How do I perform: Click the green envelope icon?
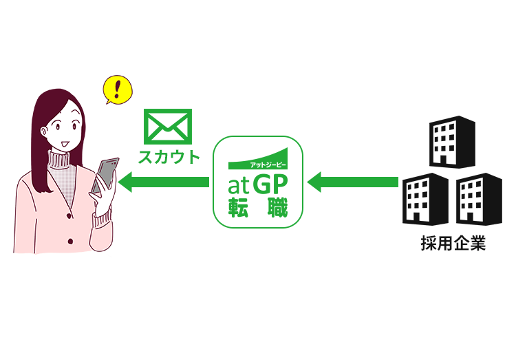click(x=168, y=127)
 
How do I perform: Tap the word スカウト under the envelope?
click(x=169, y=157)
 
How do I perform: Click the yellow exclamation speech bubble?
click(x=118, y=89)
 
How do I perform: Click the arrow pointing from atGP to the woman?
click(x=164, y=182)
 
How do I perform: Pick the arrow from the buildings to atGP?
click(x=352, y=182)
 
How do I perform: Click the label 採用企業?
click(x=453, y=244)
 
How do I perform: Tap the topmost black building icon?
click(x=452, y=142)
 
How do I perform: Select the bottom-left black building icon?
click(x=425, y=199)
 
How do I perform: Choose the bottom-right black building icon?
click(x=479, y=199)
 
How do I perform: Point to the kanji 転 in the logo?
click(x=238, y=207)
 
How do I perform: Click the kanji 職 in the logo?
click(x=278, y=207)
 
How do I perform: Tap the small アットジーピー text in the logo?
click(x=268, y=165)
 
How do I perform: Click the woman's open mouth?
click(x=65, y=144)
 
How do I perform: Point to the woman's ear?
click(x=44, y=131)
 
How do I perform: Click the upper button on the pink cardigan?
click(x=69, y=216)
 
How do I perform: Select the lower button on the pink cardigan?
click(x=70, y=242)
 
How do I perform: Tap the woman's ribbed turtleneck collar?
click(x=59, y=160)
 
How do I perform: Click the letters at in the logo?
click(x=238, y=186)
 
